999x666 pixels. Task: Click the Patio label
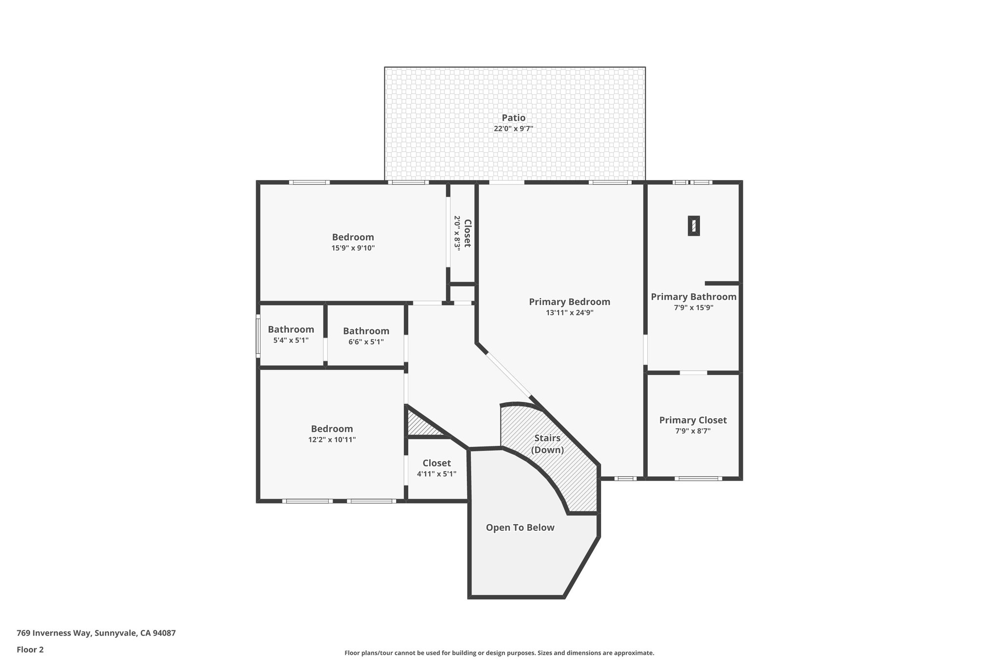514,118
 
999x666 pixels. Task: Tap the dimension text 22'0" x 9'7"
513,129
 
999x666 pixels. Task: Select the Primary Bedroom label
569,302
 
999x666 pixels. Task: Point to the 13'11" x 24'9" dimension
569,313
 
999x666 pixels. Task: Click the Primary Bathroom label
693,297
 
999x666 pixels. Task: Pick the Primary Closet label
693,420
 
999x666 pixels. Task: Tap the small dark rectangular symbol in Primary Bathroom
694,226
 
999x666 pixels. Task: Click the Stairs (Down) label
547,444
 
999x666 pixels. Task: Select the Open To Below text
520,527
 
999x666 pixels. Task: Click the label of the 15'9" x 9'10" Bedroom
353,237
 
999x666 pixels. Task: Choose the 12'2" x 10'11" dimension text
332,440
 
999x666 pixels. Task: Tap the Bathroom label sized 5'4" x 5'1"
291,329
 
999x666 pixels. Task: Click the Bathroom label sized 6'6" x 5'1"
366,331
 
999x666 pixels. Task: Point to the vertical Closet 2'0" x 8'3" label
462,233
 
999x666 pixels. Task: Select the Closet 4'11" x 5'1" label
437,463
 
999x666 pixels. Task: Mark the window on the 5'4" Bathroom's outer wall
258,336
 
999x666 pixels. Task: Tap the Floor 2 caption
30,649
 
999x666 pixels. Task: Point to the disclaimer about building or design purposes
499,653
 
